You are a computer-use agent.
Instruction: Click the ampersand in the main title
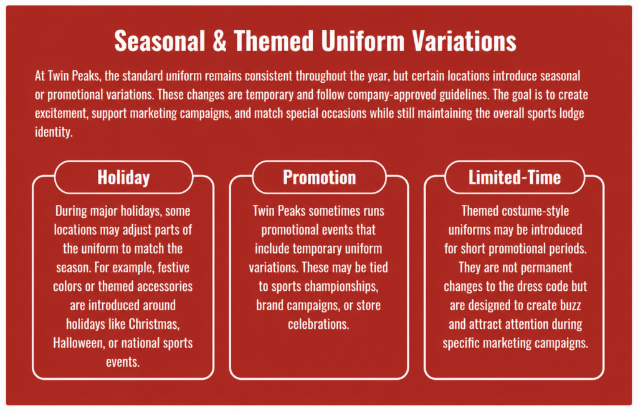point(219,42)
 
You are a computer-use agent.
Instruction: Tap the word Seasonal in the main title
point(159,42)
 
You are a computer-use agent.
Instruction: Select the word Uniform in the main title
point(362,42)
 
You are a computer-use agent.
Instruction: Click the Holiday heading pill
point(124,177)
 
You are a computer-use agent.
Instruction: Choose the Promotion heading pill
point(320,177)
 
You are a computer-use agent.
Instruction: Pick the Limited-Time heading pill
point(515,177)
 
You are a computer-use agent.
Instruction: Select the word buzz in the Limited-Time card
point(569,305)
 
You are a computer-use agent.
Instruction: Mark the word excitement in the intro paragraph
point(62,113)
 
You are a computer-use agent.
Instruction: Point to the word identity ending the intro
point(54,132)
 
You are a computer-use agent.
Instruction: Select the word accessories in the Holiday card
point(164,286)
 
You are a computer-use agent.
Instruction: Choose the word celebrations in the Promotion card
point(318,324)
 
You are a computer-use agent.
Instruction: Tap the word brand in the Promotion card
point(269,305)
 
